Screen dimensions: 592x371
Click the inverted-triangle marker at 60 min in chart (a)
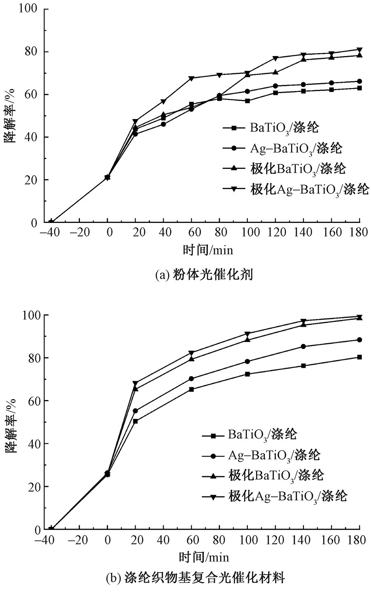[191, 78]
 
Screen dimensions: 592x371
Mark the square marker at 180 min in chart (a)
[359, 88]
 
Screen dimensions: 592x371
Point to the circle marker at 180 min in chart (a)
[359, 82]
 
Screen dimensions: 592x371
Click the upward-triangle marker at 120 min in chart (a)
[275, 72]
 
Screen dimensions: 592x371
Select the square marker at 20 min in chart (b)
[135, 421]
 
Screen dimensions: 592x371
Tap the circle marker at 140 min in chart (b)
[303, 346]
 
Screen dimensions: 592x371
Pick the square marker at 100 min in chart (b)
[247, 374]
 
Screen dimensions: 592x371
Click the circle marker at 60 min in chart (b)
[191, 379]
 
